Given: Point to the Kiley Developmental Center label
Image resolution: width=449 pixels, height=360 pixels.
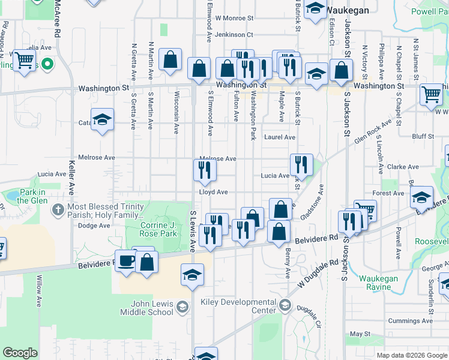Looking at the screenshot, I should [244, 306].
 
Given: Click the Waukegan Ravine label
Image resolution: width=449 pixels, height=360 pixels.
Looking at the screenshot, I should [382, 283].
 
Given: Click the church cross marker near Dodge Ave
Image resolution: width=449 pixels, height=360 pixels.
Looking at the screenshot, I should [58, 210].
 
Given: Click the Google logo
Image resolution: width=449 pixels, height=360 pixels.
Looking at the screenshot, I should [20, 353].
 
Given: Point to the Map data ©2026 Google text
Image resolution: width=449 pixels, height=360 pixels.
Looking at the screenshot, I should [411, 355].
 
